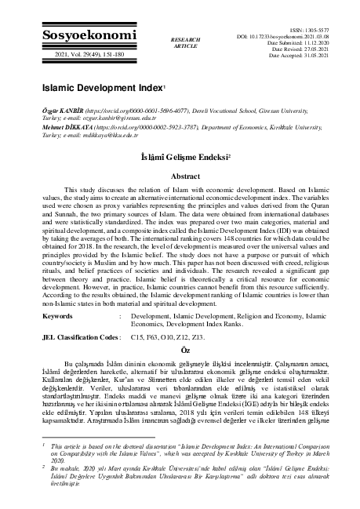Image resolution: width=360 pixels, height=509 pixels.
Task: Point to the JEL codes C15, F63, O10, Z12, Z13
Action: [x=170, y=336]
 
